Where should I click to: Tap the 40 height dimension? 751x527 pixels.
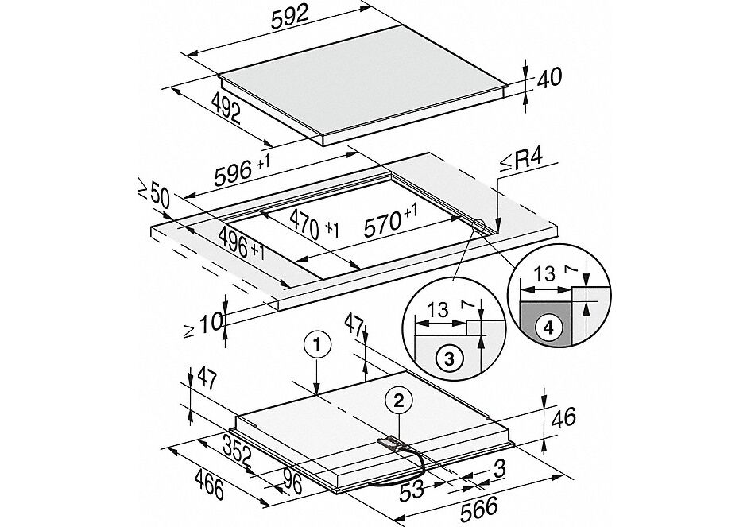[x=548, y=78]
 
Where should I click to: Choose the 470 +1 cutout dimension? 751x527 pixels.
[x=312, y=223]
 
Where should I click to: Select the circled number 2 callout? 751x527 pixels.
[x=400, y=400]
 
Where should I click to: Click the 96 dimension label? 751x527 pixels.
[x=292, y=482]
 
